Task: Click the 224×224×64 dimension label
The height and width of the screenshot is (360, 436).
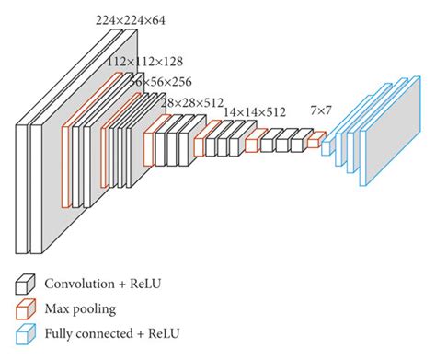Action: (x=131, y=20)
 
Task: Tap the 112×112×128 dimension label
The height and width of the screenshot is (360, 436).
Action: (x=144, y=62)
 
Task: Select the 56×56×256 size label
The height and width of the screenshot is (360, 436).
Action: (x=160, y=82)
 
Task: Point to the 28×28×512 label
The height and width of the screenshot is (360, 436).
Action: (x=192, y=102)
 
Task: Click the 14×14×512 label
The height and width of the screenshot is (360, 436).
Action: (x=255, y=112)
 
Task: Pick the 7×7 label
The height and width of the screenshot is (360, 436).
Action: (x=321, y=110)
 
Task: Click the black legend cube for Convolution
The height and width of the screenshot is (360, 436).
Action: (x=26, y=285)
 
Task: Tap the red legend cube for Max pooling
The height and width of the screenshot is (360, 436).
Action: (x=26, y=309)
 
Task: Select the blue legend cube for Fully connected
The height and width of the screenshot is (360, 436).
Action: (x=26, y=334)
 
